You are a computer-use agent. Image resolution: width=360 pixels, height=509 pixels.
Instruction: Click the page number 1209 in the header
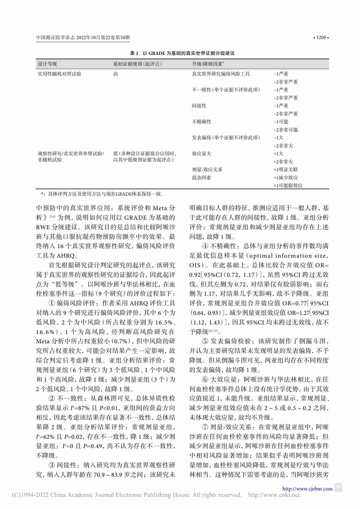[x=321, y=37]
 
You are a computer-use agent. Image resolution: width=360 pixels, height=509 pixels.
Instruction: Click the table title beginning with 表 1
[x=182, y=53]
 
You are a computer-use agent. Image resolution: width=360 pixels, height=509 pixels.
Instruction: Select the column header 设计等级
[x=47, y=64]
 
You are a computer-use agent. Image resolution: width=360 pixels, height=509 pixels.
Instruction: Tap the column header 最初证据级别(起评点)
[x=138, y=64]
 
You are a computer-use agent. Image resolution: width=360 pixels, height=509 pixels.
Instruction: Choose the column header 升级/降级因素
[x=208, y=64]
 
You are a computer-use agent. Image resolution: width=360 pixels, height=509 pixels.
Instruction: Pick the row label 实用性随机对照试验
[x=59, y=74]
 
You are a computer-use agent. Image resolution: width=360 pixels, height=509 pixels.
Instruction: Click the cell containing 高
[x=115, y=74]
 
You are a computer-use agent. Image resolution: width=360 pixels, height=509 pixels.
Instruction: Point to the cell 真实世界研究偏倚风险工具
[x=221, y=74]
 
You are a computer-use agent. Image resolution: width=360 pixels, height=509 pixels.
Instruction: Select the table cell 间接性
[x=199, y=106]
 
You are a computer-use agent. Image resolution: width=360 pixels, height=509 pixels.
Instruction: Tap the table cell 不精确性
[x=201, y=122]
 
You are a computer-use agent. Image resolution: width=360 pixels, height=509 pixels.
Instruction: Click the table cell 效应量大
[x=201, y=154]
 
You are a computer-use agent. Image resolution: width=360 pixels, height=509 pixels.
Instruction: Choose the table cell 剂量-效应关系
[x=207, y=170]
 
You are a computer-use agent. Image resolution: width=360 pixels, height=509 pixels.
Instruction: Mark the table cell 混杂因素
[x=201, y=178]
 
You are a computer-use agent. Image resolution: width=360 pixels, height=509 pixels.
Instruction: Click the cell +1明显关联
[x=285, y=170]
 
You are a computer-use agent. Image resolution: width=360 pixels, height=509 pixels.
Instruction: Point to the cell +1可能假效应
[x=288, y=186]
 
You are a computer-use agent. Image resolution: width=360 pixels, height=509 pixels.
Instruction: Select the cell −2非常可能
[x=285, y=130]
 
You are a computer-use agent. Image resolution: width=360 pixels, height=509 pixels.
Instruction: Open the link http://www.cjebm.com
[x=307, y=489]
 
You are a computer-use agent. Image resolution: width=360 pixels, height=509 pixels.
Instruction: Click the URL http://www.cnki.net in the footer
[x=274, y=495]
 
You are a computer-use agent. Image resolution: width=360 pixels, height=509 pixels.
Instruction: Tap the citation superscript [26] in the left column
[x=52, y=216]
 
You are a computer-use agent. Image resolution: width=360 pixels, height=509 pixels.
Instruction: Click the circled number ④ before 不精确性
[x=205, y=246]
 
